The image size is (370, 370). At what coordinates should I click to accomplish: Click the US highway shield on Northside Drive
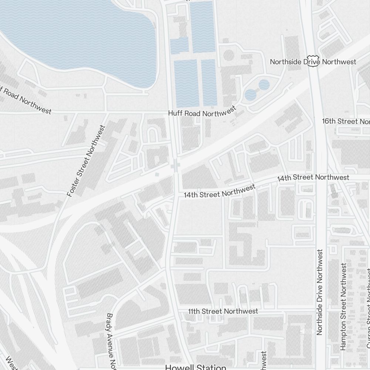[x=313, y=61]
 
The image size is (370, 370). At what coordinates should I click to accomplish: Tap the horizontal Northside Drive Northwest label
[x=313, y=62]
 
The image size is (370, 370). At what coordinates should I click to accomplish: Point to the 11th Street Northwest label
[x=223, y=311]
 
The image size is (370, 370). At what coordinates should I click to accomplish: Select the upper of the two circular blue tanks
[x=264, y=85]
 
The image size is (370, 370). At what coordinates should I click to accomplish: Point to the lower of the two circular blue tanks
[x=250, y=95]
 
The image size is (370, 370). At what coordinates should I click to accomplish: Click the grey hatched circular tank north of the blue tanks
[x=229, y=56]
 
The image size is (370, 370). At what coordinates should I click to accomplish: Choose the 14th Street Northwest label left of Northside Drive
[x=313, y=178]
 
